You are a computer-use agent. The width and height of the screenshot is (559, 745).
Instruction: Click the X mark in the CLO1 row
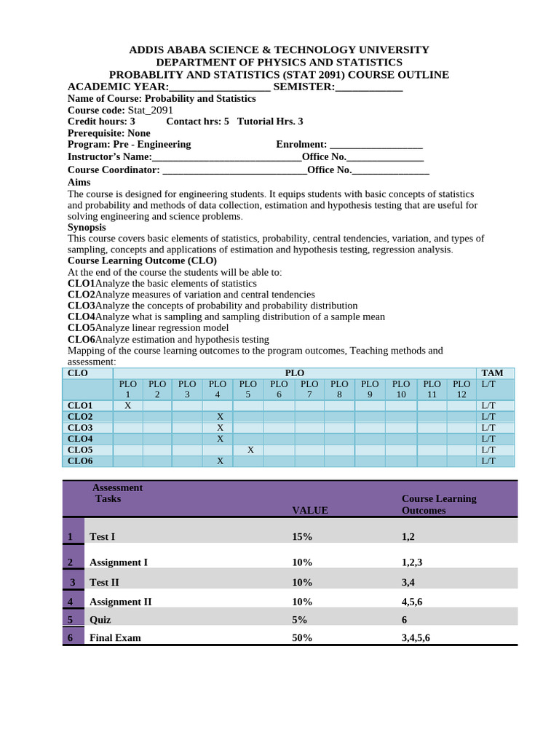(x=127, y=405)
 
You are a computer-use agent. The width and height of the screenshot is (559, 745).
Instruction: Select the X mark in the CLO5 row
(x=250, y=450)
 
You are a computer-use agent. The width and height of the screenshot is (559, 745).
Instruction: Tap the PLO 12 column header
(x=461, y=389)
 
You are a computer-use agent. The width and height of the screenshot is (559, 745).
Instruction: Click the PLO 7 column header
(x=309, y=389)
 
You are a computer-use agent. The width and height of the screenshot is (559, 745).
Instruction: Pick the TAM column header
(x=492, y=372)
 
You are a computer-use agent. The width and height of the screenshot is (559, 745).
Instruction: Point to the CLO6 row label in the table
(x=80, y=461)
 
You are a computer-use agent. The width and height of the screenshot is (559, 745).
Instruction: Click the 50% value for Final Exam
(x=302, y=637)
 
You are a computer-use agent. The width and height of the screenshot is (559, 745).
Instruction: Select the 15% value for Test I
(x=302, y=536)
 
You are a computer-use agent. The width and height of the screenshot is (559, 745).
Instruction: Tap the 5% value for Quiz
(x=299, y=619)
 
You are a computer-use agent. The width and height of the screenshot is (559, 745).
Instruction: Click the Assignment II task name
(x=120, y=602)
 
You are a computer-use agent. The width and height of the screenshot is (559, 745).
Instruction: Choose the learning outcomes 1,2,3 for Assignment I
(x=412, y=562)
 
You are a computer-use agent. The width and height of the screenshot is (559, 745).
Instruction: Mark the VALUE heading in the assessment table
(x=310, y=510)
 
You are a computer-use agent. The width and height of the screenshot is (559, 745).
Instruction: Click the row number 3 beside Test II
(x=72, y=582)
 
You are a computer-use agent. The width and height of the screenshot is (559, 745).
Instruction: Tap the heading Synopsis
(x=87, y=227)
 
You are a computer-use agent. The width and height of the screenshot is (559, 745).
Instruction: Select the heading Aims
(x=79, y=182)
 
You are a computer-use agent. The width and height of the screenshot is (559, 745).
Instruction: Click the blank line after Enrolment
(x=376, y=144)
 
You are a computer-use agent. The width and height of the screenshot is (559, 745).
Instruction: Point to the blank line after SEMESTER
(x=368, y=87)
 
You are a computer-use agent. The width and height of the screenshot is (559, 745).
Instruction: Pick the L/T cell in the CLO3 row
(x=488, y=428)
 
